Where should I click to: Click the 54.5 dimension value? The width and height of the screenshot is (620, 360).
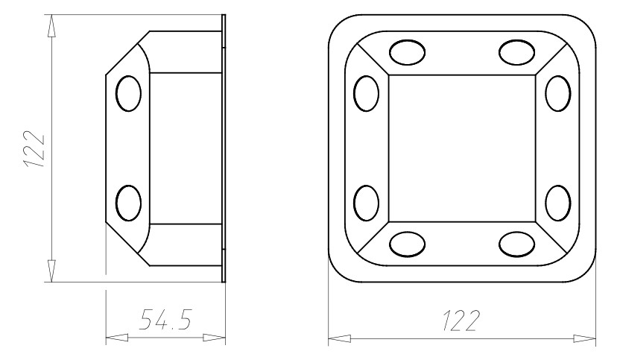pyautogui.click(x=165, y=320)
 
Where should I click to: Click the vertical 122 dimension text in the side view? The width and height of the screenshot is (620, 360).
pyautogui.click(x=34, y=149)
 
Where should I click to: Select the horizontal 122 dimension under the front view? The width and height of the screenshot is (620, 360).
pyautogui.click(x=461, y=320)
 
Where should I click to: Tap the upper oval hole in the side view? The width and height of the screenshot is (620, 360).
pyautogui.click(x=128, y=94)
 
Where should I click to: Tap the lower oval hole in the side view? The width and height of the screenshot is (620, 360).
pyautogui.click(x=128, y=203)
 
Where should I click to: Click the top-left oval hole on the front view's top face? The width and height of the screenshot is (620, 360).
pyautogui.click(x=408, y=52)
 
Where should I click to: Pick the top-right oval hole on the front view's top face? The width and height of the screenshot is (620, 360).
pyautogui.click(x=517, y=52)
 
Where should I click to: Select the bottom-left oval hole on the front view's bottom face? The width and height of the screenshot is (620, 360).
pyautogui.click(x=408, y=244)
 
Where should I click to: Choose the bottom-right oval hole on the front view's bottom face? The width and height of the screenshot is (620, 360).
pyautogui.click(x=517, y=244)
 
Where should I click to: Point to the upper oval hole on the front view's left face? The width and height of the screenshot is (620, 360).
pyautogui.click(x=367, y=94)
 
